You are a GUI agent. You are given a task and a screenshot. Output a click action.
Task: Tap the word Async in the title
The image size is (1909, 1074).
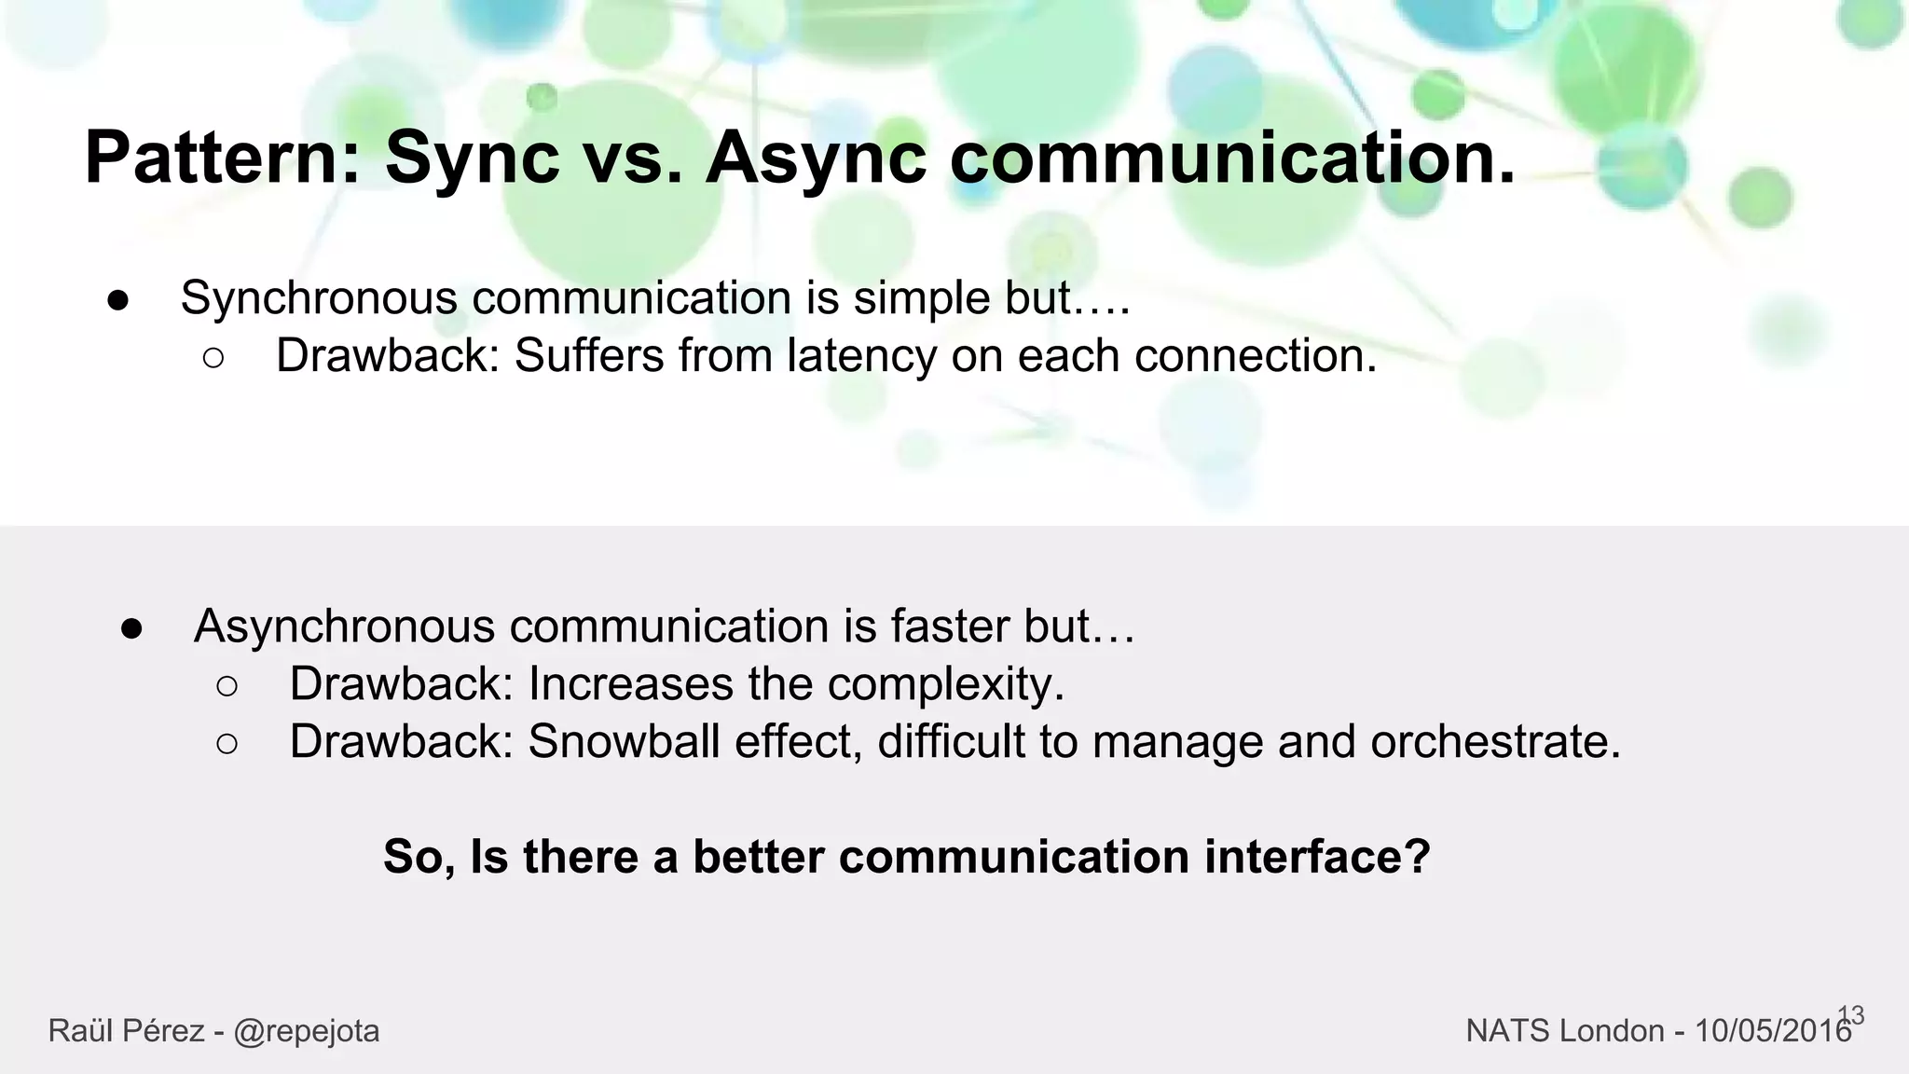pos(816,158)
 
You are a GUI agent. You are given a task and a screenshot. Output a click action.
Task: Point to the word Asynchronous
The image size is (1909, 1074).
pos(344,626)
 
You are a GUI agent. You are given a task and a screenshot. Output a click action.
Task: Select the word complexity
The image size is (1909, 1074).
pos(945,685)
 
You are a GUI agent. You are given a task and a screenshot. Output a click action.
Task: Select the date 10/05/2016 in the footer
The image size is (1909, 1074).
pos(1772,1031)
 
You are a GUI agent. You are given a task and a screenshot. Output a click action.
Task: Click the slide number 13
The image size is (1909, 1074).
pos(1851,1015)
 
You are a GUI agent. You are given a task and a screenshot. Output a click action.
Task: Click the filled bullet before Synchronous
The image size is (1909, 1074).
pos(117,300)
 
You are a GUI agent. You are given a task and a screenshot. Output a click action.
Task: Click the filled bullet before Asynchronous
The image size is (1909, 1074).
pos(131,628)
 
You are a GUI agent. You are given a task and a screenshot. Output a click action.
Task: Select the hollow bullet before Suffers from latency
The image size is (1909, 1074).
pos(213,358)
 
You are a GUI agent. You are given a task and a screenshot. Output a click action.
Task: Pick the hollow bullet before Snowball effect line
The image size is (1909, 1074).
pos(227,744)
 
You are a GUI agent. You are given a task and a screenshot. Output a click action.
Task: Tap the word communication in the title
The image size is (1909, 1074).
pos(1231,158)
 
